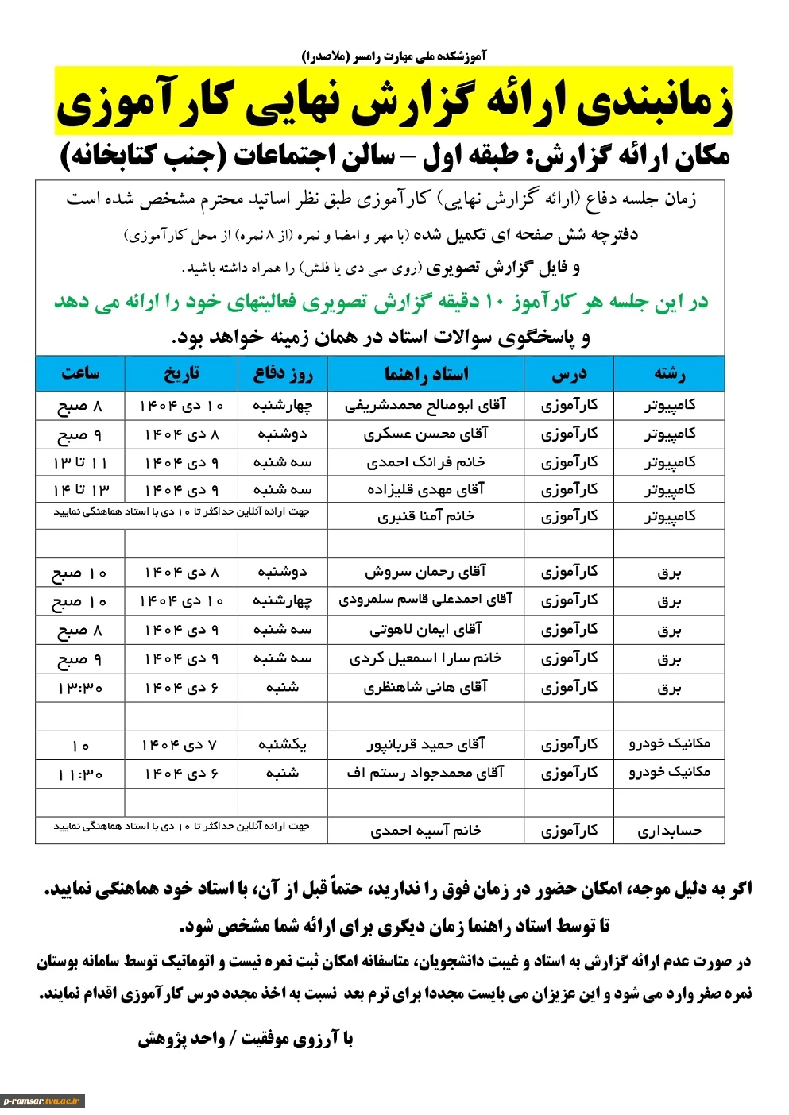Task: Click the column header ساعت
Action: tap(80, 373)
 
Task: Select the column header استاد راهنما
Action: tap(426, 374)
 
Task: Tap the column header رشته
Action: tap(669, 374)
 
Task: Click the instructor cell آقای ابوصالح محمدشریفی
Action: tap(426, 406)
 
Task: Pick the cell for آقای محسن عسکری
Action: tap(426, 434)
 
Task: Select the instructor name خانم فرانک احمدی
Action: tap(426, 462)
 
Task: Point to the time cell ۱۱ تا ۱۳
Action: tap(80, 463)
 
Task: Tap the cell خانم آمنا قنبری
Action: tap(426, 517)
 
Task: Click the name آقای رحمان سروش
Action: tap(426, 572)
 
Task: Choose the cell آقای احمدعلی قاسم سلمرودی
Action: tap(426, 600)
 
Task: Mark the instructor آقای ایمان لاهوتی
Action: tap(426, 630)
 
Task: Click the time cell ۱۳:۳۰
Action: tap(80, 688)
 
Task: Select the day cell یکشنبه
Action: tap(282, 745)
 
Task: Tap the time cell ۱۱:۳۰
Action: tap(80, 774)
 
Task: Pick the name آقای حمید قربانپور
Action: tap(426, 745)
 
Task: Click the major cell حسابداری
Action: tap(669, 831)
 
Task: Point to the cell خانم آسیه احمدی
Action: tap(426, 831)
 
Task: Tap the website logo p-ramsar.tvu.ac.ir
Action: tap(43, 1101)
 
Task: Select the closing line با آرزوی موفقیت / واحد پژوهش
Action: tap(246, 1039)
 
